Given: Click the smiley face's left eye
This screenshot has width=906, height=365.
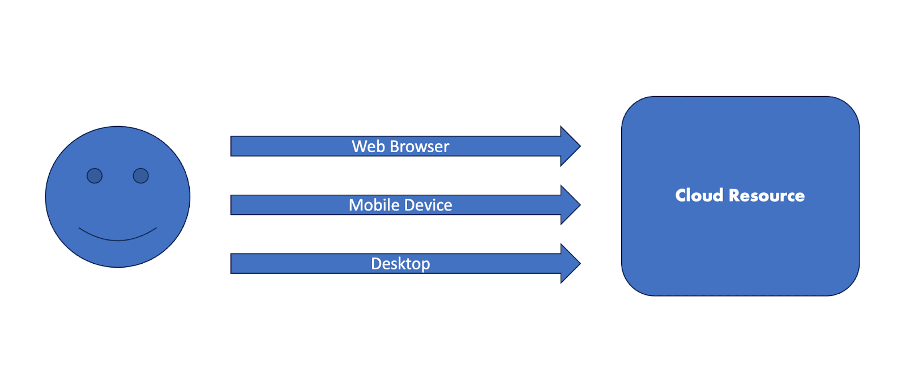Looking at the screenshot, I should click(x=95, y=176).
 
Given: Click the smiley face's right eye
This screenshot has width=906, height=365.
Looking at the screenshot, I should click(x=141, y=176).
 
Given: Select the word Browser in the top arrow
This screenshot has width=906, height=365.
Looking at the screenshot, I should click(x=419, y=147).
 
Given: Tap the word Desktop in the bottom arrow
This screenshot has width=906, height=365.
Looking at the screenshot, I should click(x=400, y=264).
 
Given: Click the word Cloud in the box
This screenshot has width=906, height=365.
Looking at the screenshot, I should click(x=699, y=195).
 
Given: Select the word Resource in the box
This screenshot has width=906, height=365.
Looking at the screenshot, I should click(x=767, y=196).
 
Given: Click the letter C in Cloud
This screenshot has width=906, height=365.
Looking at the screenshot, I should click(x=681, y=195).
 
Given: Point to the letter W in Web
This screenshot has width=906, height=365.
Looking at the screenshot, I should click(x=360, y=147).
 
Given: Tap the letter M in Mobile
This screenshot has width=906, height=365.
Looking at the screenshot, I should click(x=356, y=205).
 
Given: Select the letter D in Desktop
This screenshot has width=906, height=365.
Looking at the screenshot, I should click(x=376, y=264).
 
